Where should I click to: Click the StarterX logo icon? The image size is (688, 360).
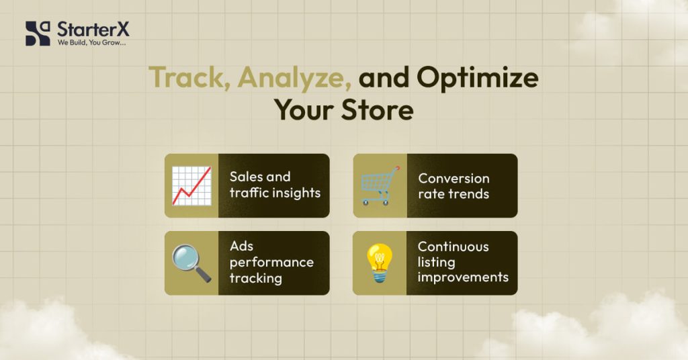coord(38,33)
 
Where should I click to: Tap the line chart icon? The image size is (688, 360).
coord(191,185)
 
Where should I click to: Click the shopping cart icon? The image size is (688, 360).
coord(380,185)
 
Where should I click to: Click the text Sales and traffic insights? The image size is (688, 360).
coord(275,185)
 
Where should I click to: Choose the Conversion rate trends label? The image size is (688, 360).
coord(454,186)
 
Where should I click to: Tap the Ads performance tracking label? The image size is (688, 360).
coord(271,262)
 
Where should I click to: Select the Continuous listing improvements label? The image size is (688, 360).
coord(463,262)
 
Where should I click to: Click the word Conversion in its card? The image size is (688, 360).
coord(454,179)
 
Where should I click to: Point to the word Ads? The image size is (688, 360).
coord(241,246)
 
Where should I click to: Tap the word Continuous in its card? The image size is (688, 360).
coord(454,246)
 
